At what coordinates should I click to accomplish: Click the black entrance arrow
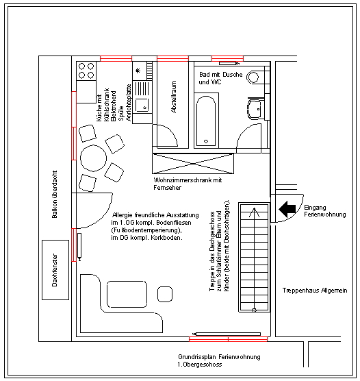pos(287,209)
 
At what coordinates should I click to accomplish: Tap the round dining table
pos(94,158)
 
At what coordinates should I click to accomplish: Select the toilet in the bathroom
pos(253,77)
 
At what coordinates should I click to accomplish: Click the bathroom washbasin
pos(255,110)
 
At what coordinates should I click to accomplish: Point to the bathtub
pos(206,121)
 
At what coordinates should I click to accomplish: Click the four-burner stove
pos(86,71)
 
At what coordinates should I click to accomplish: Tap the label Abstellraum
pos(174,97)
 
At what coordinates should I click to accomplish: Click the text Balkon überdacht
pos(55,194)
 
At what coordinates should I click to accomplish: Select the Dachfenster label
pos(55,270)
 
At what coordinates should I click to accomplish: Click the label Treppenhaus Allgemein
pos(315,291)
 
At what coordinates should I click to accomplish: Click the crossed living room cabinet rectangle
pos(193,164)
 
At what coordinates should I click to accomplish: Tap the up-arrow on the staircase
pos(254,212)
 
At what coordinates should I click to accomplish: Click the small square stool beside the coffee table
pos(165,294)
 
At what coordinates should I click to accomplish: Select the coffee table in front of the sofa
pos(127,294)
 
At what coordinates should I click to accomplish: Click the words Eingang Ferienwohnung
pos(325,211)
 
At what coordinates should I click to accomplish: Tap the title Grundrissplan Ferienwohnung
pos(219,357)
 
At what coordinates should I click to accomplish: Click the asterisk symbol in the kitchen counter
pos(138,71)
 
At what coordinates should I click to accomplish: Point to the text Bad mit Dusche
pos(221,75)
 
